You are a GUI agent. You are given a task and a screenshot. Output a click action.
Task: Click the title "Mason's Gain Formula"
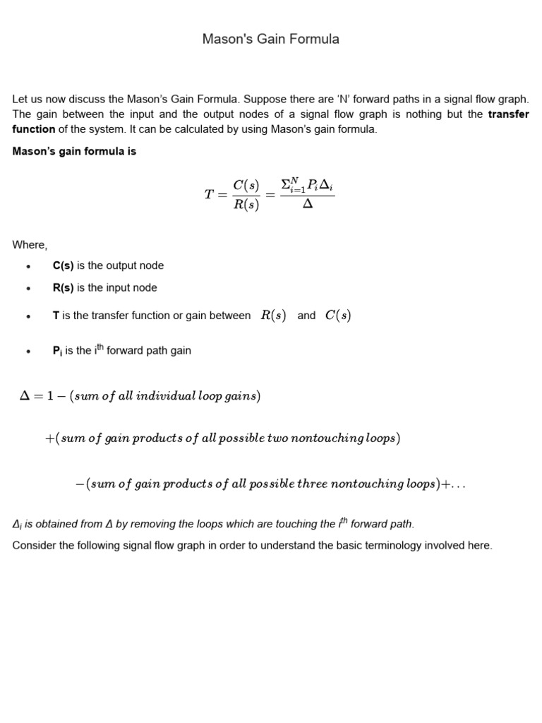point(270,39)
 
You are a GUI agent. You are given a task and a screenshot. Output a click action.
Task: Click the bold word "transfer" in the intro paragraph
point(508,114)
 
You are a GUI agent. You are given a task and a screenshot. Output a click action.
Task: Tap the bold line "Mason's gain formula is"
point(74,152)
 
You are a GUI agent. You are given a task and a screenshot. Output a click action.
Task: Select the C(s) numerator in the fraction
point(246,185)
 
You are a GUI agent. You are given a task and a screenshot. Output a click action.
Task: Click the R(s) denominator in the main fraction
point(246,205)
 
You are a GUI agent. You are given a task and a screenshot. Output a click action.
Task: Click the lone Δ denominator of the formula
point(307,205)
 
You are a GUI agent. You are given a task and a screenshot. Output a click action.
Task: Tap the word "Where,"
point(30,245)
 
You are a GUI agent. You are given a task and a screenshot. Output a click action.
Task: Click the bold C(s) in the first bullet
point(63,265)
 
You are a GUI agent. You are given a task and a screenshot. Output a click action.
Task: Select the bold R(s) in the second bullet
point(63,287)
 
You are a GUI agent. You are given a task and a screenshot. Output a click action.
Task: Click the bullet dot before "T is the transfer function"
point(28,316)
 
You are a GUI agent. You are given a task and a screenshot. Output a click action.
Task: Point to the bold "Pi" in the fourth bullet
point(57,350)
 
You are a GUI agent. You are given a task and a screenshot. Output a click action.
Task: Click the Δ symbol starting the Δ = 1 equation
point(25,396)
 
